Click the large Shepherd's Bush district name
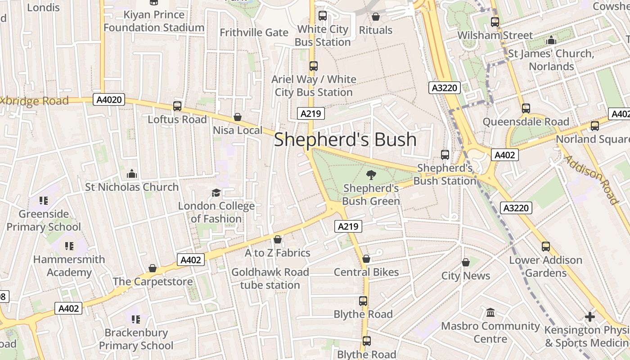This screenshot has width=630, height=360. (345, 139)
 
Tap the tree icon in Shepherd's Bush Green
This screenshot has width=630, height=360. (371, 175)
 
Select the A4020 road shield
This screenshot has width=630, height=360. (109, 99)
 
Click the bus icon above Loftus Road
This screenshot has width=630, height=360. (177, 106)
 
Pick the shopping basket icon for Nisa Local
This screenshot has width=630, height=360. (238, 117)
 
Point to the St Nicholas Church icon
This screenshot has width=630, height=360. (131, 174)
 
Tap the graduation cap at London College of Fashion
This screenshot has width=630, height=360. (216, 193)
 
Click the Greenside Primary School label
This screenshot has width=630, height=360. (44, 220)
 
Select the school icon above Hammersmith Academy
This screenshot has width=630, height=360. (69, 246)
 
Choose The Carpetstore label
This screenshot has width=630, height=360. (153, 282)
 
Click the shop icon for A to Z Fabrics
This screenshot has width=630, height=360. (278, 239)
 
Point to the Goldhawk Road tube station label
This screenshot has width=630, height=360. (270, 279)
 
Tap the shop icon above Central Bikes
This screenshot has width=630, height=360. (366, 259)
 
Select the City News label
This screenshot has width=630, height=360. (466, 276)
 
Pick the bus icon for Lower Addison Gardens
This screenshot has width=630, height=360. (546, 247)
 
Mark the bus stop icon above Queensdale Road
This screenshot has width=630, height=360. (526, 108)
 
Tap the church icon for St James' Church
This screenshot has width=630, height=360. (551, 40)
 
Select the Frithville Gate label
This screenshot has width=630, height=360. (254, 32)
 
